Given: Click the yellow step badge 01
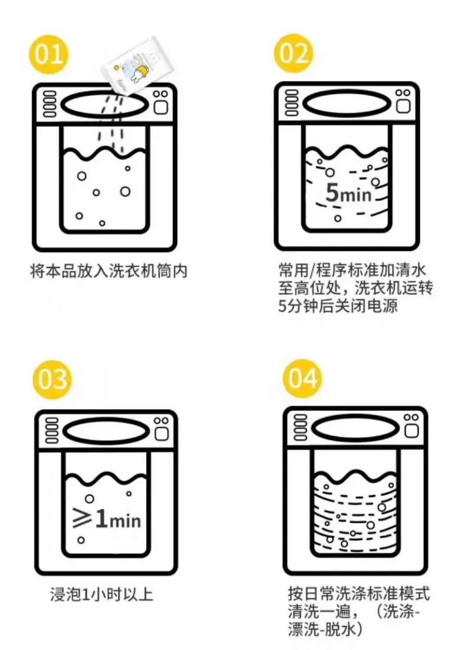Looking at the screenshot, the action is point(49,55).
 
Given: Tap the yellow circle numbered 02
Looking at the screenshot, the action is point(293,54).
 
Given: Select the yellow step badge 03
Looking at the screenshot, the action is point(52,380).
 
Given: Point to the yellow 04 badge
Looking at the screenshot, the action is point(302,378).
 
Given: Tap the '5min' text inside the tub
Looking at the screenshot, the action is point(348,193).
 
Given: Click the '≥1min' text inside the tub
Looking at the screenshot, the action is point(107,518).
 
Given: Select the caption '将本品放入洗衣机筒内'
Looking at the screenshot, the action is point(109,271).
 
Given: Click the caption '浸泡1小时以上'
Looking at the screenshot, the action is point(101,594).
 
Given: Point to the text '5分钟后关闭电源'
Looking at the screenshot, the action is point(338,306).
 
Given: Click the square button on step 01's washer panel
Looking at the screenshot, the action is point(161,107).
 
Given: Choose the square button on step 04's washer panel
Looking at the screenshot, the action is point(411,431).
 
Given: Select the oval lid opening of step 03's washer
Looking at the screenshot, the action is point(107,431).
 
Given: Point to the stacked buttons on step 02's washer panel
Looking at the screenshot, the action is point(292,103).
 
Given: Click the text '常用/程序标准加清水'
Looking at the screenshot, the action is point(352,270).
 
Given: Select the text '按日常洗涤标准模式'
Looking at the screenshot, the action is point(359,594).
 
